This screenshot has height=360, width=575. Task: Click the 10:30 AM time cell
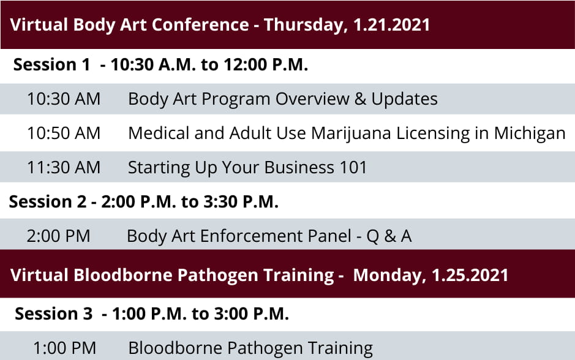(64, 99)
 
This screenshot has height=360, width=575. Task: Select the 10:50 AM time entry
(64, 133)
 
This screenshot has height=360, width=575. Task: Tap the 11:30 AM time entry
(64, 168)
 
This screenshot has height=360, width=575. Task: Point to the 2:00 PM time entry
(58, 236)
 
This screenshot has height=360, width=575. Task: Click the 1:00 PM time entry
(64, 348)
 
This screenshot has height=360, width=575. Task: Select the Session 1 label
(51, 65)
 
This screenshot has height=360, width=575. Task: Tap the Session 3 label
(53, 314)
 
